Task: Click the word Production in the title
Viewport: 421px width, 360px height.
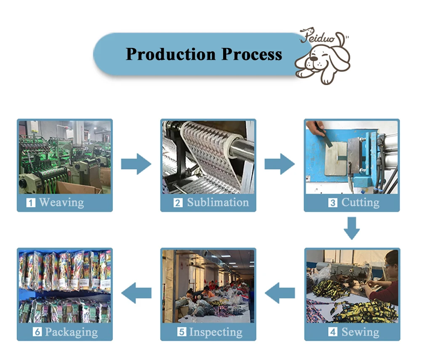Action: click(171, 54)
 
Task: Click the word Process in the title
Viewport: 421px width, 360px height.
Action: click(252, 54)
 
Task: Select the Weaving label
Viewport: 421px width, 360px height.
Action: click(61, 203)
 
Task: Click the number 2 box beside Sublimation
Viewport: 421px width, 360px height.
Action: click(178, 203)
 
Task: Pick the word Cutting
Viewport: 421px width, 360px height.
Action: click(360, 203)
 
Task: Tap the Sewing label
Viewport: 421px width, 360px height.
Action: click(360, 332)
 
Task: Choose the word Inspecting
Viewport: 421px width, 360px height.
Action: click(216, 332)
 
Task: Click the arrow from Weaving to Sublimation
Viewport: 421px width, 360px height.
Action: click(136, 164)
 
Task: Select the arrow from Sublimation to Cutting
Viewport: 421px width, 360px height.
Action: click(280, 164)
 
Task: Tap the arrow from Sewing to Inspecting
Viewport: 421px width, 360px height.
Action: click(280, 293)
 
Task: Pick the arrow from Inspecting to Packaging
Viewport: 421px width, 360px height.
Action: click(136, 293)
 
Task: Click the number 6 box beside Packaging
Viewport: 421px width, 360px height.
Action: click(37, 333)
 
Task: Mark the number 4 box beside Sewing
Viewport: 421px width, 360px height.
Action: click(333, 333)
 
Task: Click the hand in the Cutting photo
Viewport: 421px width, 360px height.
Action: click(316, 126)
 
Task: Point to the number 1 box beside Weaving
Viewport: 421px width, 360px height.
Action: click(31, 203)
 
